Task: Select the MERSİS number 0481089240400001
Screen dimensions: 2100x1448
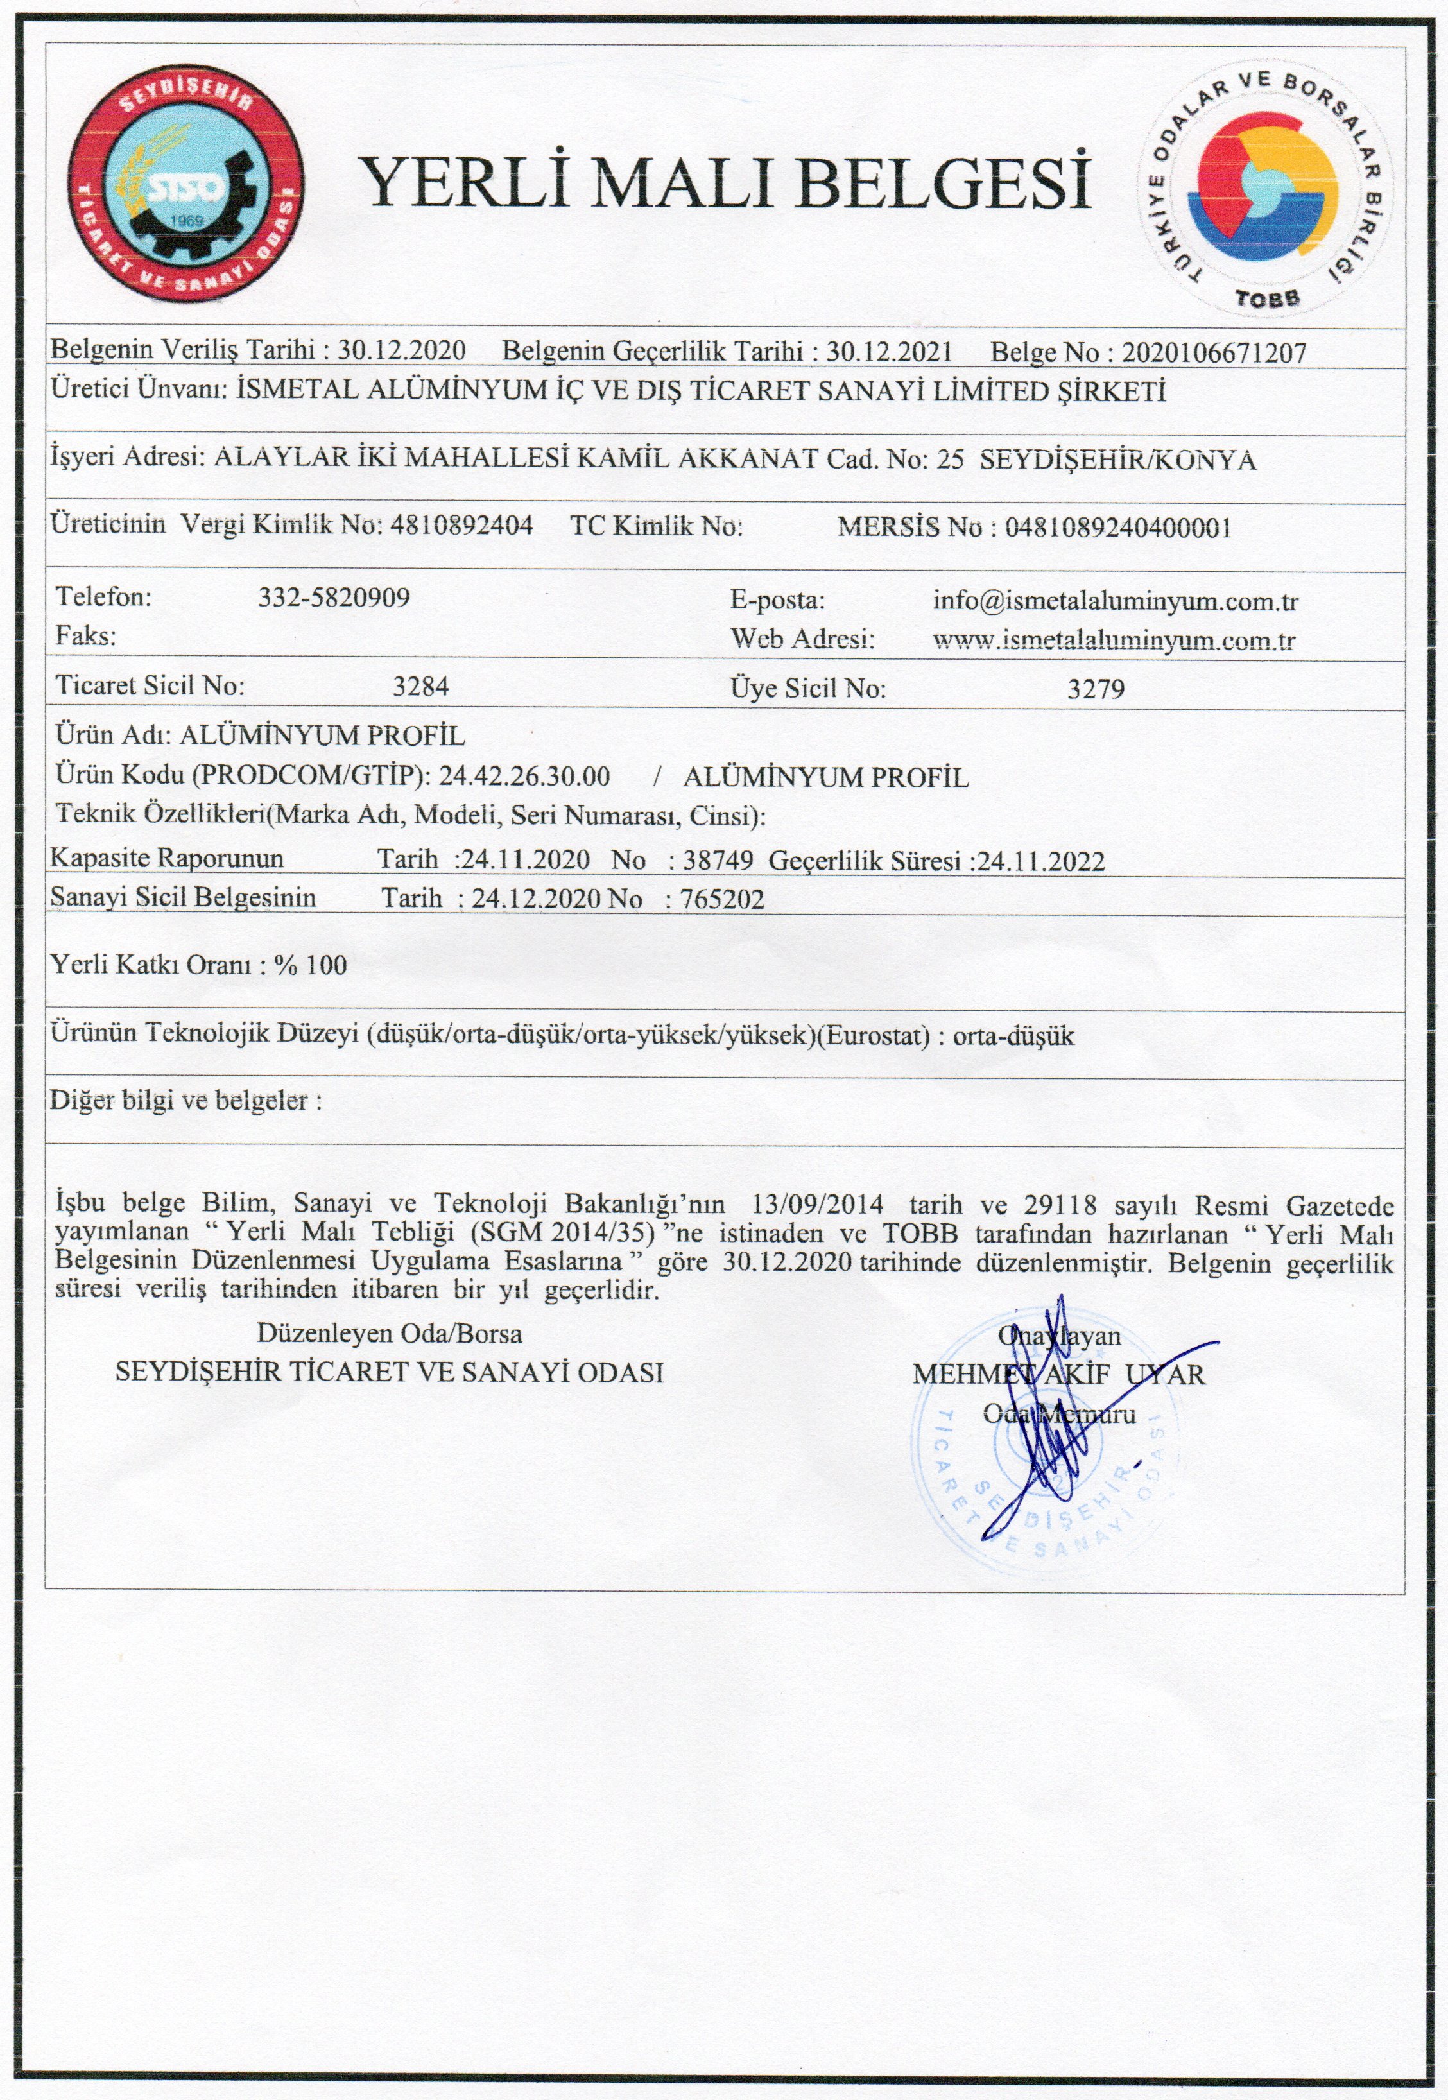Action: [1117, 528]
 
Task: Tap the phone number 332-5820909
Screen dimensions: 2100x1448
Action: [334, 597]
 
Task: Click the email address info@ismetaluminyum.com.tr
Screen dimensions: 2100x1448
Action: [1115, 601]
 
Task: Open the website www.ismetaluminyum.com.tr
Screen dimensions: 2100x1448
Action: [1113, 641]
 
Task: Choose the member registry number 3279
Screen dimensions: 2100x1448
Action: [1096, 689]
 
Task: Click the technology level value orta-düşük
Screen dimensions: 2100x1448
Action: [1013, 1035]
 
